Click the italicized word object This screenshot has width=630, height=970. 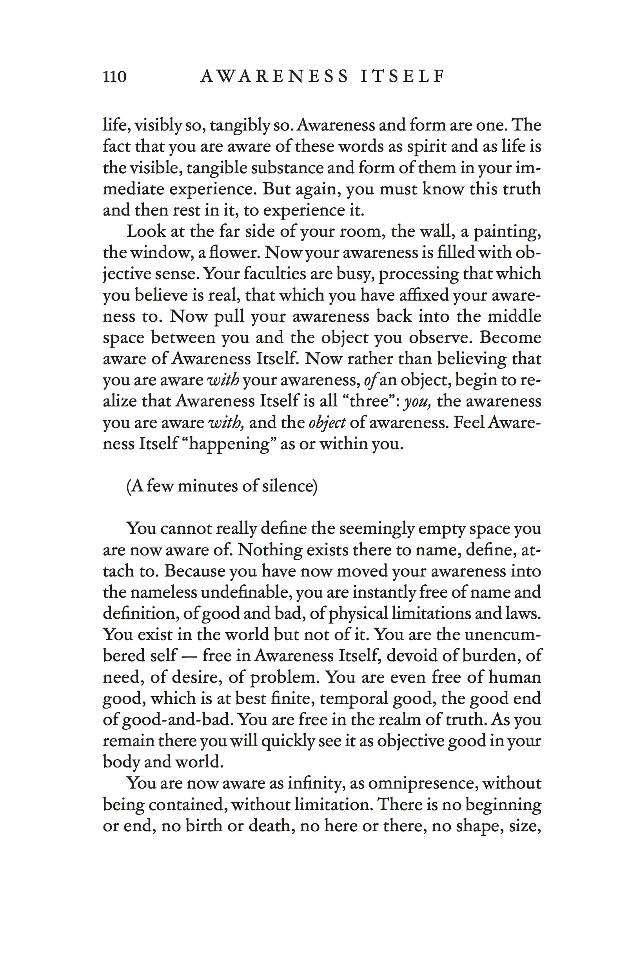[327, 423]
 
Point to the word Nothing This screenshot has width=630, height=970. [270, 550]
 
